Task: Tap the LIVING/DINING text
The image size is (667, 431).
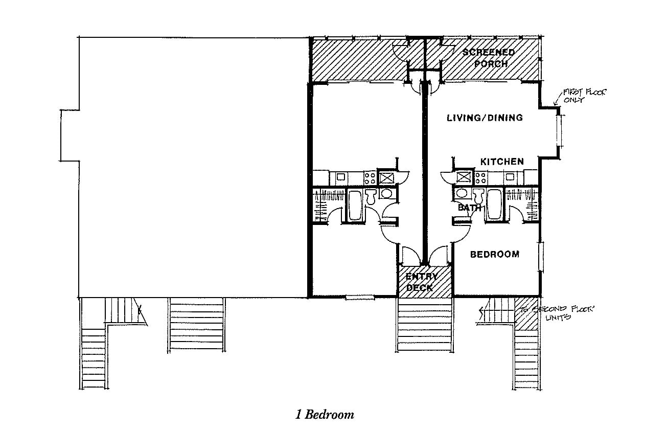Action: point(485,118)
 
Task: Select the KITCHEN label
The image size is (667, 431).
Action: point(501,162)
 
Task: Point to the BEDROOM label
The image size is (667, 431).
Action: point(494,254)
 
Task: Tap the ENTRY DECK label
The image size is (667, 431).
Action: point(421,282)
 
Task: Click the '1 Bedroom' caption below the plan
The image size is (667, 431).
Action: point(325,414)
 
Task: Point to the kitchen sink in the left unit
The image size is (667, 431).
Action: point(339,177)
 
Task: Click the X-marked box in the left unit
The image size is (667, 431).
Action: point(386,178)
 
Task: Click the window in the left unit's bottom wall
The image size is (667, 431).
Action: point(360,297)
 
